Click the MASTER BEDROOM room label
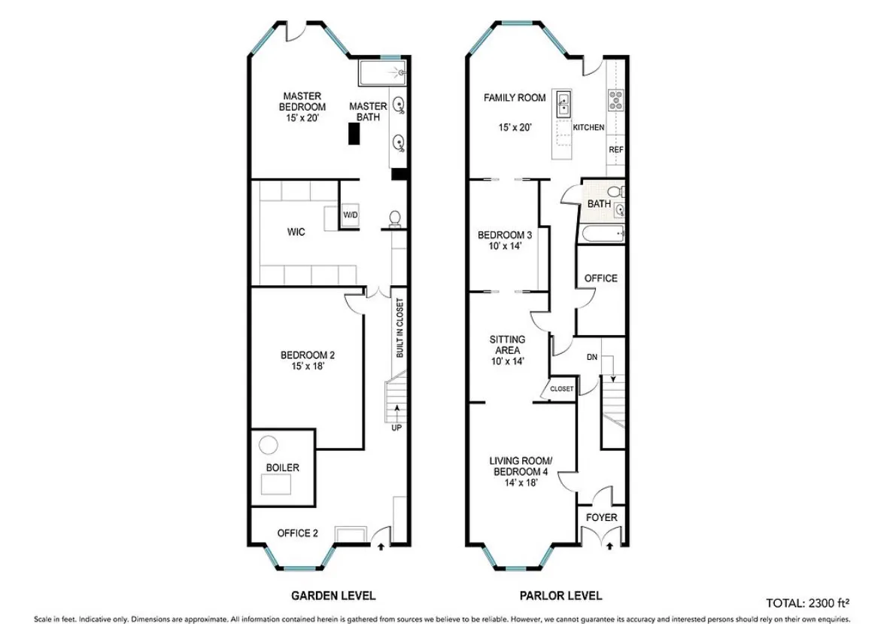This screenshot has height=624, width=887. [302, 102]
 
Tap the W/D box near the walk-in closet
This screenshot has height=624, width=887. [351, 215]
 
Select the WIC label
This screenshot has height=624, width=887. [296, 232]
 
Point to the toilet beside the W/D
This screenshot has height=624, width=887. [393, 218]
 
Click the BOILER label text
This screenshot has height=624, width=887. [283, 467]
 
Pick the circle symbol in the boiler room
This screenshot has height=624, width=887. [269, 445]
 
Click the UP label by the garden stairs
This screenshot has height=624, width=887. [396, 428]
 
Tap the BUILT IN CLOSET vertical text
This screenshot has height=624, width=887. [400, 327]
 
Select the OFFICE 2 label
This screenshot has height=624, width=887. [297, 533]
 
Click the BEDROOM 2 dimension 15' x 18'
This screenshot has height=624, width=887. [308, 367]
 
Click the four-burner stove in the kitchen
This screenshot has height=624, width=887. [616, 99]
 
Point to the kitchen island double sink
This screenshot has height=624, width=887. [563, 104]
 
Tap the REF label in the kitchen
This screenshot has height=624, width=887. [616, 150]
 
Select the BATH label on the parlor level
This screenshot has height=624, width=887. [599, 204]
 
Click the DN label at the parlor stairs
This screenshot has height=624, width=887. [592, 358]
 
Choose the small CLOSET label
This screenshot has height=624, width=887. [561, 389]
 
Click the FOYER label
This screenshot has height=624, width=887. [602, 517]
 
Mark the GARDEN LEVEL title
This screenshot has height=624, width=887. [333, 595]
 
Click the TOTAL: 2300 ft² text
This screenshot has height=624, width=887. [808, 603]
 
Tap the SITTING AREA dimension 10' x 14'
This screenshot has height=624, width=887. [507, 361]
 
